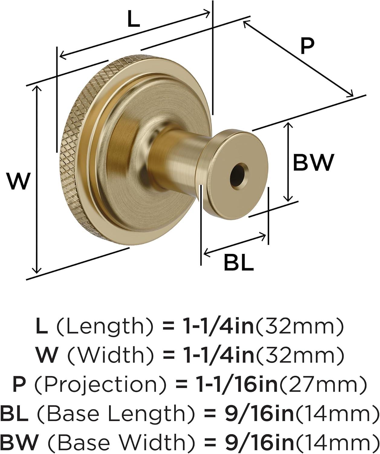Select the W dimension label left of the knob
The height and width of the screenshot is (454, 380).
tap(18, 181)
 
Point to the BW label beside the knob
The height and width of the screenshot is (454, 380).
tap(313, 163)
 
